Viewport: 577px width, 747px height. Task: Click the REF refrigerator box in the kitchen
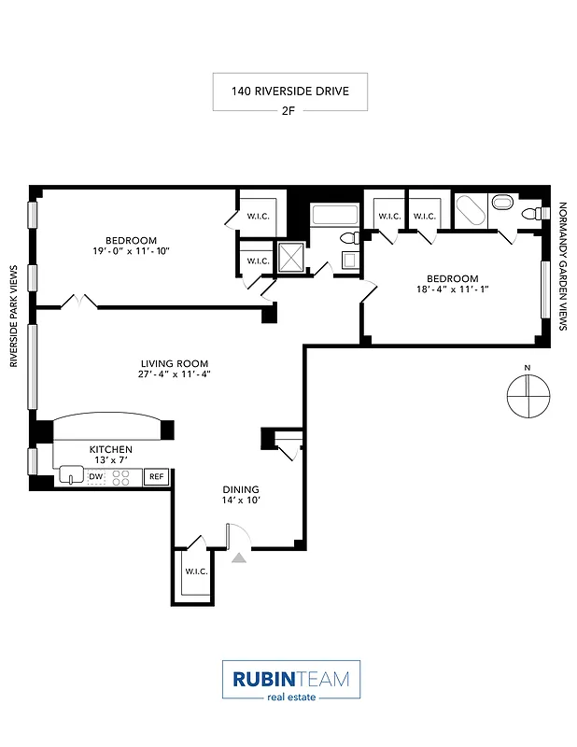(156, 477)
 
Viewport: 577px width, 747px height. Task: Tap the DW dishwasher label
(95, 477)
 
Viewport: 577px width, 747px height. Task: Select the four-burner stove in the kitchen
(121, 477)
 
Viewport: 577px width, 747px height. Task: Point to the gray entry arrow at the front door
(239, 557)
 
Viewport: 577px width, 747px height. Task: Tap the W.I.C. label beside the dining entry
(195, 571)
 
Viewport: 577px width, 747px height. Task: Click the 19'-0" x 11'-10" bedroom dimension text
(131, 250)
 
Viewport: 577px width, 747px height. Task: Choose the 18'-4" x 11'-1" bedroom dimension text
(452, 290)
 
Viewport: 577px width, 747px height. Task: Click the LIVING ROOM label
(175, 364)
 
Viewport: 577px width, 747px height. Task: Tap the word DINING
(240, 489)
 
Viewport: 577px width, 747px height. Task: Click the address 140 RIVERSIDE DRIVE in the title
(288, 92)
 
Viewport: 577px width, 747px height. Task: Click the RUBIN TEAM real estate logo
(290, 680)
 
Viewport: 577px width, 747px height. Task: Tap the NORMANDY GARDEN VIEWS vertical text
(562, 267)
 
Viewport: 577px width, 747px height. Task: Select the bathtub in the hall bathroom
(332, 214)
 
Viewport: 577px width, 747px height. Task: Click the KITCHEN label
(110, 449)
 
